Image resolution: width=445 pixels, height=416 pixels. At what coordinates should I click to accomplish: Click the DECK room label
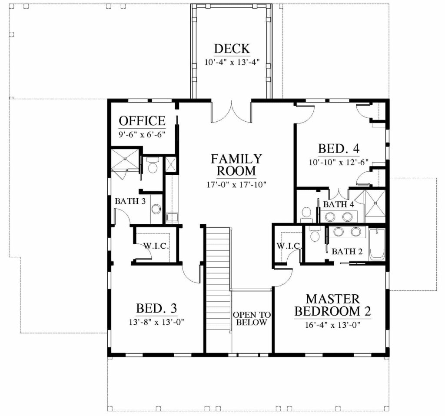click(x=232, y=49)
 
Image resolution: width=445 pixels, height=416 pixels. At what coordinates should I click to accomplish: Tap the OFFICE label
click(x=142, y=121)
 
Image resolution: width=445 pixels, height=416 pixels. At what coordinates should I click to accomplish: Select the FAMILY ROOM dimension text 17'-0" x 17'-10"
click(x=236, y=185)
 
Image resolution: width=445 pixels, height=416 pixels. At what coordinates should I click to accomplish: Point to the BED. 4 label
click(x=339, y=149)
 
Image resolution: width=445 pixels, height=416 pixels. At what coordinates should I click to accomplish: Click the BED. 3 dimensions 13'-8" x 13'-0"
click(x=156, y=322)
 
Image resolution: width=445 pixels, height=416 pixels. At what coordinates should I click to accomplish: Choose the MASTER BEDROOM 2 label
click(x=332, y=305)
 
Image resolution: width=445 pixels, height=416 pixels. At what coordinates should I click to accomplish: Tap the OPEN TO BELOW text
click(x=252, y=319)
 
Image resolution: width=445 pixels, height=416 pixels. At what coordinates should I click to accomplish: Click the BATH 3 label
click(x=130, y=201)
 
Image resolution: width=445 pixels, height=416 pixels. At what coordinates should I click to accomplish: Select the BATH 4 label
click(x=339, y=204)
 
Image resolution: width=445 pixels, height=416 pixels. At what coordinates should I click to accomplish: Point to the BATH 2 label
click(x=347, y=251)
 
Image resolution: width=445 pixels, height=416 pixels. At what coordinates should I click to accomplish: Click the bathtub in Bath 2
click(x=377, y=244)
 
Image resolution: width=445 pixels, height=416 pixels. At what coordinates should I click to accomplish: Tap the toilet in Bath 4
click(x=306, y=214)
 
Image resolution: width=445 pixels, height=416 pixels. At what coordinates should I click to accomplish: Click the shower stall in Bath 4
click(x=375, y=203)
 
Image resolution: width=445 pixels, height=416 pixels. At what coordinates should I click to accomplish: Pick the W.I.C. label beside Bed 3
click(x=156, y=246)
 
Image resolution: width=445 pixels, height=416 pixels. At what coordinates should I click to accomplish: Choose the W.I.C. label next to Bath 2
click(x=289, y=246)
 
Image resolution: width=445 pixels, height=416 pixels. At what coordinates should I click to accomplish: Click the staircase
click(x=218, y=290)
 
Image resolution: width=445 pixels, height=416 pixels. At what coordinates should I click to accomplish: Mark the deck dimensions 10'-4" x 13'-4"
click(x=232, y=63)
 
